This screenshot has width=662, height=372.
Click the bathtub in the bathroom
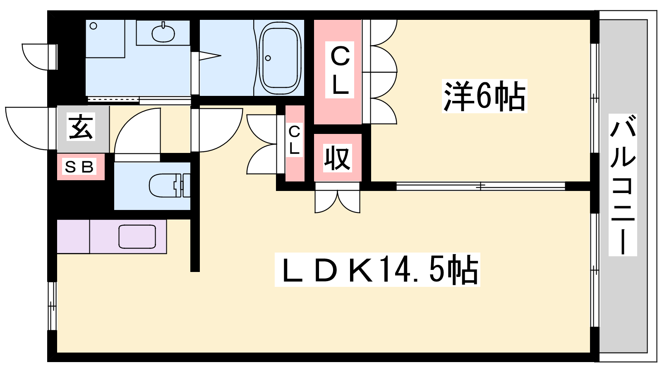click(280, 58)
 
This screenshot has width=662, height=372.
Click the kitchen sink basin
click(137, 236)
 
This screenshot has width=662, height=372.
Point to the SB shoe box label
click(80, 167)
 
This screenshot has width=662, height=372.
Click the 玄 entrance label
click(81, 127)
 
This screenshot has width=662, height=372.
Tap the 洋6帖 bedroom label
click(484, 96)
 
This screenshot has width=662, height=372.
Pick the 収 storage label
click(337, 158)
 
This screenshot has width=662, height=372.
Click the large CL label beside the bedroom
click(340, 70)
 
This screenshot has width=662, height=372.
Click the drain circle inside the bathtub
click(268, 58)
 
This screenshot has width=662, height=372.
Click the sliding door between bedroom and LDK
click(480, 186)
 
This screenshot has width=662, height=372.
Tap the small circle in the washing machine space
click(94, 26)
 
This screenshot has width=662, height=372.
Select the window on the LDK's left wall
click(52, 306)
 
